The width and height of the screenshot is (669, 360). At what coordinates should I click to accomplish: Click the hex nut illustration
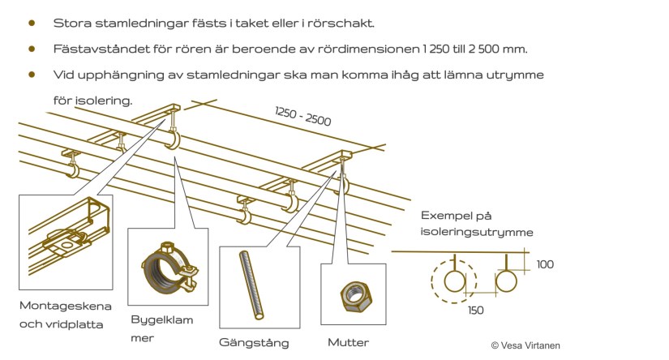pos(355,298)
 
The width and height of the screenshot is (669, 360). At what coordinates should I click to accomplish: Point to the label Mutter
pos(349,342)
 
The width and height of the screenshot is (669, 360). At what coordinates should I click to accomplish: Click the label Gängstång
pos(254,342)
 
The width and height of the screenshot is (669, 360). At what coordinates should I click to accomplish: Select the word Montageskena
pos(65,305)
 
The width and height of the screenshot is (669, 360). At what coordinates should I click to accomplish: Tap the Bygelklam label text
pos(162,319)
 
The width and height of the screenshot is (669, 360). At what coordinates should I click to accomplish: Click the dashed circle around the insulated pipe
pos(456,281)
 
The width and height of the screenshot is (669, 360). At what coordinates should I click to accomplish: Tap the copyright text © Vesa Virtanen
pos(525,345)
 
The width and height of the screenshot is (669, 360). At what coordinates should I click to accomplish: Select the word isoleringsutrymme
pos(477,232)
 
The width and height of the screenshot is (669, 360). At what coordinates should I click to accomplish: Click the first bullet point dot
pos(32,23)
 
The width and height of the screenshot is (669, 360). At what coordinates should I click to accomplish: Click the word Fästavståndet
pos(95,49)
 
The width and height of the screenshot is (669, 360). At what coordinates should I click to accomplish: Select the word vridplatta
pos(79,324)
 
